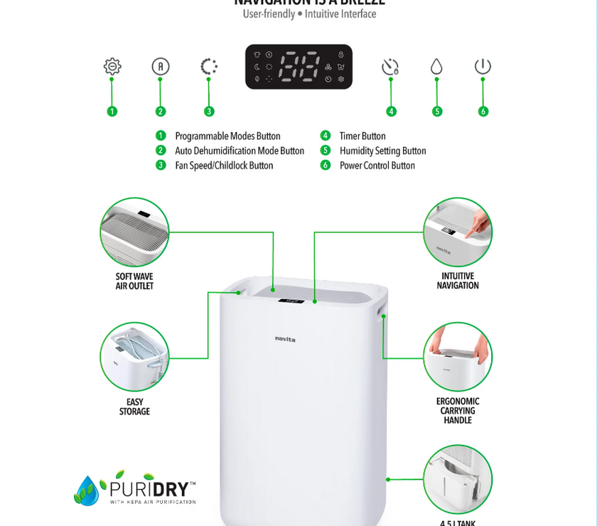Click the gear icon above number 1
pyautogui.click(x=112, y=67)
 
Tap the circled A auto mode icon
pyautogui.click(x=161, y=67)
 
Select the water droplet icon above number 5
pyautogui.click(x=436, y=67)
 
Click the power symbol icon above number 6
pyautogui.click(x=483, y=67)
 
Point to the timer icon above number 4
pyautogui.click(x=390, y=68)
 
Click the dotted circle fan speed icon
pyautogui.click(x=209, y=67)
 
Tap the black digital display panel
pyautogui.click(x=298, y=67)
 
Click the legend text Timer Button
pyautogui.click(x=362, y=136)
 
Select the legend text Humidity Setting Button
pyautogui.click(x=382, y=151)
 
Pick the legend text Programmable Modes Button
pyautogui.click(x=227, y=136)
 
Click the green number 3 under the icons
pyautogui.click(x=209, y=111)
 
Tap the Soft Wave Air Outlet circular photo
pyautogui.click(x=135, y=232)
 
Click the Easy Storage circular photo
pyautogui.click(x=135, y=356)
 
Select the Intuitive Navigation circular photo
pyautogui.click(x=458, y=232)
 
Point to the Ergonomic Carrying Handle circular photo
pyautogui.click(x=458, y=356)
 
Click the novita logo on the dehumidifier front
pyautogui.click(x=286, y=338)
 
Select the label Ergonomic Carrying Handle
pyautogui.click(x=458, y=411)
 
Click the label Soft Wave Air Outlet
pyautogui.click(x=135, y=281)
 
